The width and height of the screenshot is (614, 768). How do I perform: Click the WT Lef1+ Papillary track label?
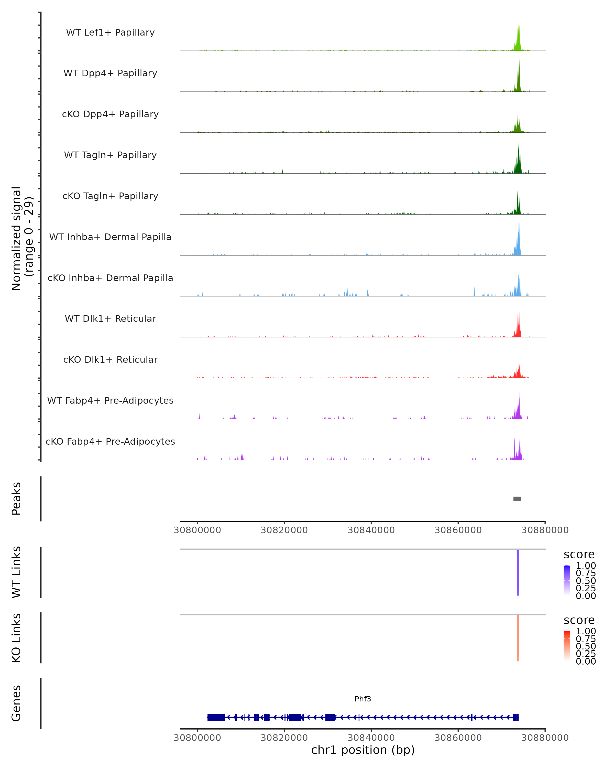coord(110,33)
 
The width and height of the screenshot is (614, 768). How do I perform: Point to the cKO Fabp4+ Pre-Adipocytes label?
coord(110,441)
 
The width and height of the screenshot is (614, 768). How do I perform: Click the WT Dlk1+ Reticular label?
coord(110,318)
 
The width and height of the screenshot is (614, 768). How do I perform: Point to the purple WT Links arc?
coord(518,573)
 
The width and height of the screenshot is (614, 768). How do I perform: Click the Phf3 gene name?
coord(363,699)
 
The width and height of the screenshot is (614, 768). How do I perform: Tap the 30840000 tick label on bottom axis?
coord(371,738)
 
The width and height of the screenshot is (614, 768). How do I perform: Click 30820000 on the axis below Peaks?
coord(284,530)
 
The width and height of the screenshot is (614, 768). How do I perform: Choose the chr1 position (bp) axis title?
coord(363,750)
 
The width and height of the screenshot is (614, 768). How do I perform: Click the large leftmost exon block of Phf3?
coord(216,717)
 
